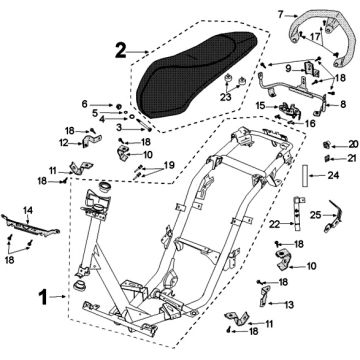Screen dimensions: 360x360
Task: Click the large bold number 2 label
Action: pos(120,50)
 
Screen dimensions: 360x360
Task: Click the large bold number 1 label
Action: pos(44,298)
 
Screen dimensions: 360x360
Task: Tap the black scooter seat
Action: pos(198,74)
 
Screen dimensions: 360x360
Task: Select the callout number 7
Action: pos(281,15)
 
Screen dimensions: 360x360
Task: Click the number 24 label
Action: pos(333,175)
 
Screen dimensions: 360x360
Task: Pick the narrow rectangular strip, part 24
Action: pos(305,175)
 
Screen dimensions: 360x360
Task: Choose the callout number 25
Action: pos(316,215)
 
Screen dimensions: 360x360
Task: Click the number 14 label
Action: pos(28,210)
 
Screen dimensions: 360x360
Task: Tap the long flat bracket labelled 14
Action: pos(31,225)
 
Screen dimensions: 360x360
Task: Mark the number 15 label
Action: pos(261,106)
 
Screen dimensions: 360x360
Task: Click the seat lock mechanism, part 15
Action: pos(289,111)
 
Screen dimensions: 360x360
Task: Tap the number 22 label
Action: pos(275,225)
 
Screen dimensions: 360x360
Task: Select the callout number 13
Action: pos(289,304)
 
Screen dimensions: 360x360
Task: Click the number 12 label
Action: pos(64,143)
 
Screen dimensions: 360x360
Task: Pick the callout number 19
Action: pos(169,165)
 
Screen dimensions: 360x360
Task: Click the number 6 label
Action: pos(85,104)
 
